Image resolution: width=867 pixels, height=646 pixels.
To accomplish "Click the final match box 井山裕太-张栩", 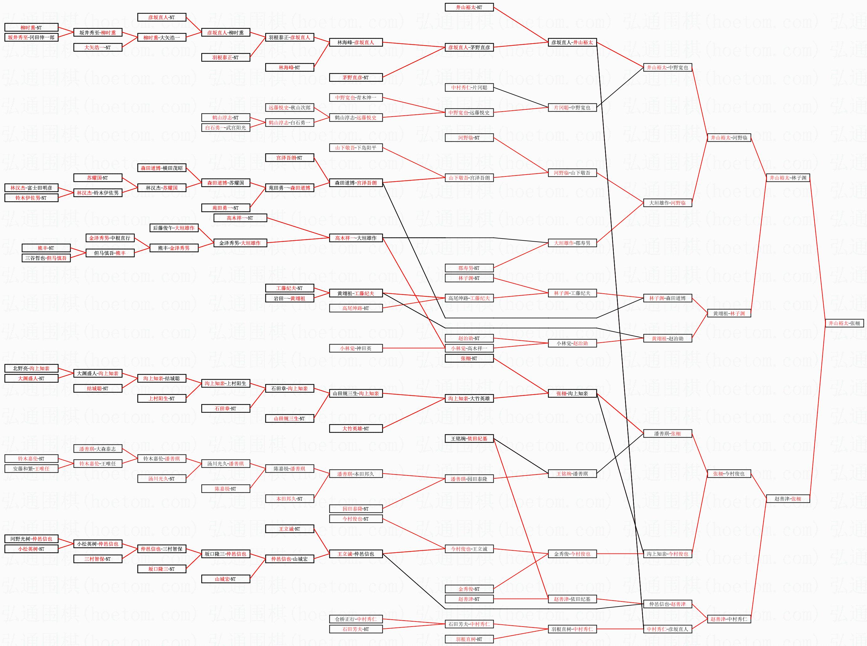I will tap(844, 323).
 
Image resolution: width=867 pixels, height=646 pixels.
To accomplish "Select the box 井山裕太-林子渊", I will tap(788, 178).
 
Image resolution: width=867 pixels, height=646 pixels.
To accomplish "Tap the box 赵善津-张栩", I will tap(788, 499).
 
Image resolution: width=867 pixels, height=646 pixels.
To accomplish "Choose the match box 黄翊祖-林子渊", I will tap(728, 314).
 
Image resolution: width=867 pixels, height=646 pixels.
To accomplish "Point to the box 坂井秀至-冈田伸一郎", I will tap(31, 38).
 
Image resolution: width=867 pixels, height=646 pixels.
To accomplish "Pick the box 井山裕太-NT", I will tap(469, 8).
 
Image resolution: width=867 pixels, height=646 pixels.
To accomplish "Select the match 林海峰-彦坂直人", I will tap(355, 43).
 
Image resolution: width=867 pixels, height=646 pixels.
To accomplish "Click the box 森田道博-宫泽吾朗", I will tap(355, 183).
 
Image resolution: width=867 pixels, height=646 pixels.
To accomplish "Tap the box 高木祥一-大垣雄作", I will tap(355, 238).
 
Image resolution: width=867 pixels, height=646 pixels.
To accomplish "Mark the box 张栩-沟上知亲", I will tap(572, 394).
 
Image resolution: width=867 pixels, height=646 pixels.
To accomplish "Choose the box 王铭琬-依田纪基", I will tap(469, 439).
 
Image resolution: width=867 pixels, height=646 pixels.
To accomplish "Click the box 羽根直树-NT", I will tap(469, 639).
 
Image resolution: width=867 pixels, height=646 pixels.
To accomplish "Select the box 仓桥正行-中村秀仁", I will tap(355, 619).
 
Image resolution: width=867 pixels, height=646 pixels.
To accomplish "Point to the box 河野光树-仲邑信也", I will tap(31, 539).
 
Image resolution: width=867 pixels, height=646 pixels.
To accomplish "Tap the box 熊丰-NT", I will tap(46, 248).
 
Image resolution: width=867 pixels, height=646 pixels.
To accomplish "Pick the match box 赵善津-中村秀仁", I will tap(728, 619).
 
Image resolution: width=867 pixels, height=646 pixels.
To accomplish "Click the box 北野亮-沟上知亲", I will tap(31, 368).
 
